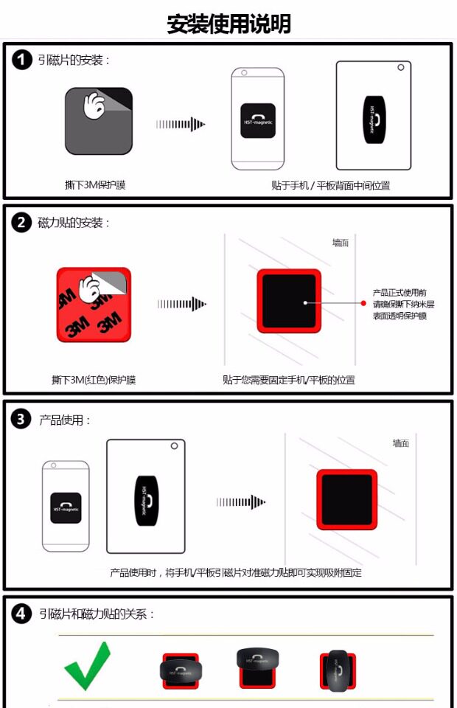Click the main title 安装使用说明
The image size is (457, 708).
pyautogui.click(x=228, y=24)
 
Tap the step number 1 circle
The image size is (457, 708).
pyautogui.click(x=22, y=60)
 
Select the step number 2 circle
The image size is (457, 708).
pyautogui.click(x=22, y=222)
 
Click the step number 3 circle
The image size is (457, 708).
pyautogui.click(x=22, y=420)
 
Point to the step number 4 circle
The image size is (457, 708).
pyautogui.click(x=22, y=613)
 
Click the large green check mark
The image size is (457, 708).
pyautogui.click(x=87, y=665)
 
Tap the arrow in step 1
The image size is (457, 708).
pyautogui.click(x=181, y=125)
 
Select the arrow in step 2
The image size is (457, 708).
pyautogui.click(x=181, y=304)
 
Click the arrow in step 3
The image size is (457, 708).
pyautogui.click(x=240, y=502)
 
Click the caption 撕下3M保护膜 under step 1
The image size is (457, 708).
pyautogui.click(x=95, y=184)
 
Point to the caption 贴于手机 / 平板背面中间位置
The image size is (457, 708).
pyautogui.click(x=330, y=185)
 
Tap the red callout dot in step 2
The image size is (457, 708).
pyautogui.click(x=363, y=303)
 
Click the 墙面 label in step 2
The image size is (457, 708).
pyautogui.click(x=340, y=243)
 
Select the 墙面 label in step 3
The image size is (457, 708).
pyautogui.click(x=400, y=442)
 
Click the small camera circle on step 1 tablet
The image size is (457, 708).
pyautogui.click(x=400, y=69)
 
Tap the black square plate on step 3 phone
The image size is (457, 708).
pyautogui.click(x=66, y=507)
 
